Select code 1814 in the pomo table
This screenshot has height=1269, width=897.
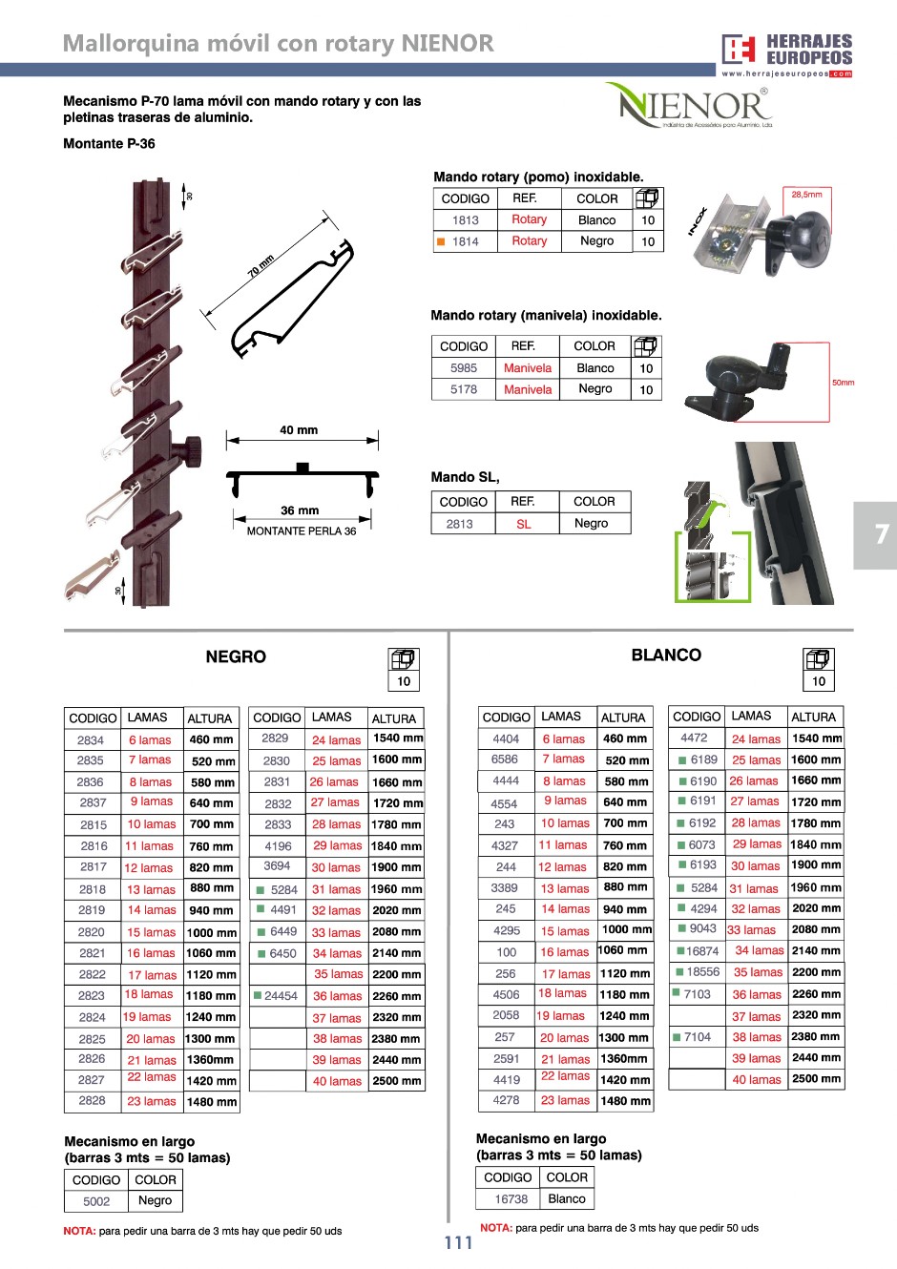(x=466, y=242)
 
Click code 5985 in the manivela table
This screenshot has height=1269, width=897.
(x=464, y=368)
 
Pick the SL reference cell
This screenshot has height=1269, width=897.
(x=524, y=524)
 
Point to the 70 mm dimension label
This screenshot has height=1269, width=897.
(x=261, y=266)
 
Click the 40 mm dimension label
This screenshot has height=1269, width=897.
(x=299, y=430)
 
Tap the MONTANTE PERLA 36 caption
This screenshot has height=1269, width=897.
(x=302, y=531)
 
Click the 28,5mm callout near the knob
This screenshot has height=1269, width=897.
(x=806, y=195)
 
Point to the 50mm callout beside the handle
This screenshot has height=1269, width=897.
(x=844, y=383)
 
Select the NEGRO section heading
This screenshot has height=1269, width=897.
(x=236, y=657)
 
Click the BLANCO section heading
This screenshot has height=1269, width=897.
(x=666, y=655)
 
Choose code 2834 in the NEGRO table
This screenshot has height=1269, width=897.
(x=91, y=740)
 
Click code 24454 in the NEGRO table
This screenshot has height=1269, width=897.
(x=281, y=996)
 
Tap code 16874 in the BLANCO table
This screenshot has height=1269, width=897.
(x=702, y=951)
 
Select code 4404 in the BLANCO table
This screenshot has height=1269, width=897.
(x=506, y=739)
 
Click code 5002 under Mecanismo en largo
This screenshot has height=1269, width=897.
(x=96, y=1202)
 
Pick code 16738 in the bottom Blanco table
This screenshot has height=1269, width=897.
(x=511, y=1199)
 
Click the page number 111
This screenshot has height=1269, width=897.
(x=458, y=1242)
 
